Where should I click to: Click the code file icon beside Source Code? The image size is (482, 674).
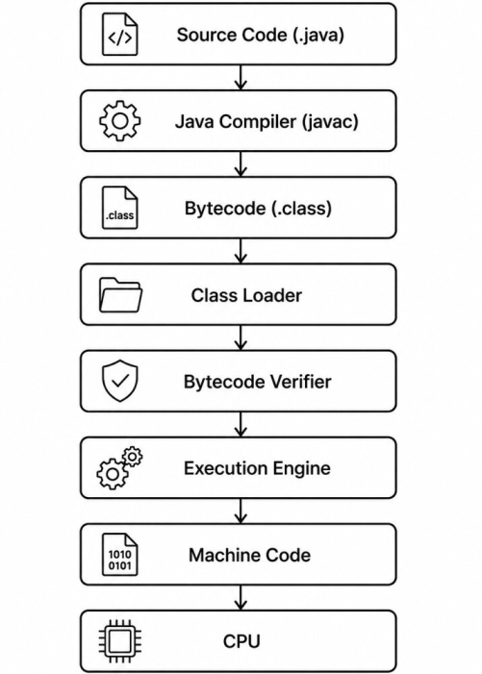coord(120,35)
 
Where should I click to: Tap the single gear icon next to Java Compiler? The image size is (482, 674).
coord(120,121)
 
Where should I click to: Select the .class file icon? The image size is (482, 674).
coord(120,208)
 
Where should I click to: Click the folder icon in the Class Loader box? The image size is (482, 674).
coord(121,295)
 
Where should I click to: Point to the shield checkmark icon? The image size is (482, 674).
coord(120,381)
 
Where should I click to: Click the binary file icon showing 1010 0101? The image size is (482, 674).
coord(120,555)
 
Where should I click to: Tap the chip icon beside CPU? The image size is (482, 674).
coord(120,641)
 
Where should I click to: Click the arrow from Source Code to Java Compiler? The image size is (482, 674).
coord(241,77)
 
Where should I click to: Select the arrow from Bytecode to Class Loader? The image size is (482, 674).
coord(241,251)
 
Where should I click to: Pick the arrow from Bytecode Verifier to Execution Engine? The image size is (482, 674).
coord(241,424)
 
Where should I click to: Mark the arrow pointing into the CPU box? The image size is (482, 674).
coord(241,597)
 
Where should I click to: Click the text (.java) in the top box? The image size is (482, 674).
coord(318,35)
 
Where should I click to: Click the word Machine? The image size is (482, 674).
coord(224,555)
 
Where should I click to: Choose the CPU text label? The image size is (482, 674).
coord(241,641)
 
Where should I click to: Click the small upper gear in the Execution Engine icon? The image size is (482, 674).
coord(133,457)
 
